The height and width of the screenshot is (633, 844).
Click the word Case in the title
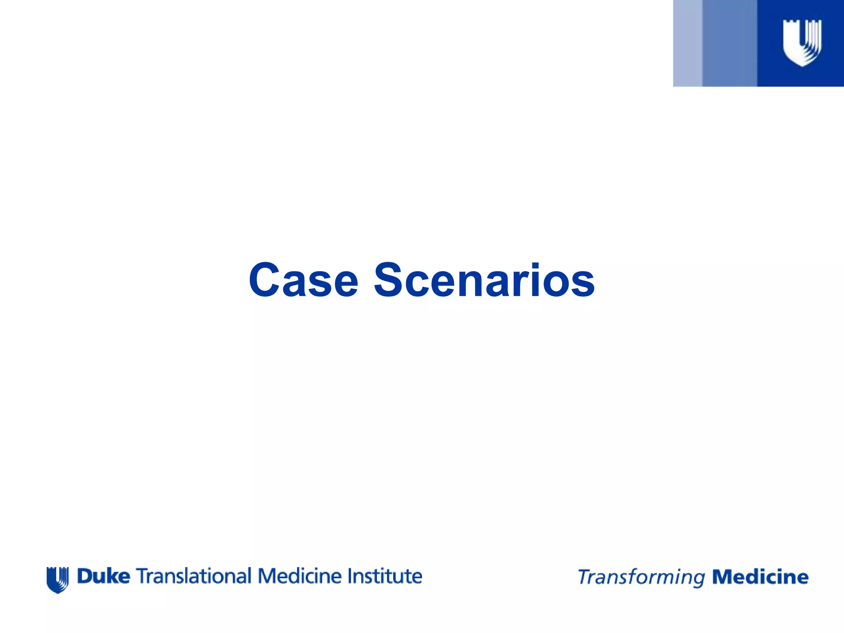pos(304,280)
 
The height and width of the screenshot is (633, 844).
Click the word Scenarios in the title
pos(484,280)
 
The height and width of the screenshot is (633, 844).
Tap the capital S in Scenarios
pos(389,280)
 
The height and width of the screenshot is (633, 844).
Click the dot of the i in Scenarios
pos(535,265)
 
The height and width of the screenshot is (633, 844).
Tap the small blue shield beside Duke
pos(57,579)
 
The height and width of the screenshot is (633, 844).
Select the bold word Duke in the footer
pos(103,576)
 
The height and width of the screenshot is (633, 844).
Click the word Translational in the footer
pos(193,576)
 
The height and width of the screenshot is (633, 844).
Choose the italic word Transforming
pos(641,577)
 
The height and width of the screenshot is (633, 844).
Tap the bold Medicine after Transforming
pos(760,577)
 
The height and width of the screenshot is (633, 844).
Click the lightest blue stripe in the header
pos(687,43)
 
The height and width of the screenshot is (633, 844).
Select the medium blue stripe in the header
pos(729,43)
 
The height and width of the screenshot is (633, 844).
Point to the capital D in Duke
pos(84,576)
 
